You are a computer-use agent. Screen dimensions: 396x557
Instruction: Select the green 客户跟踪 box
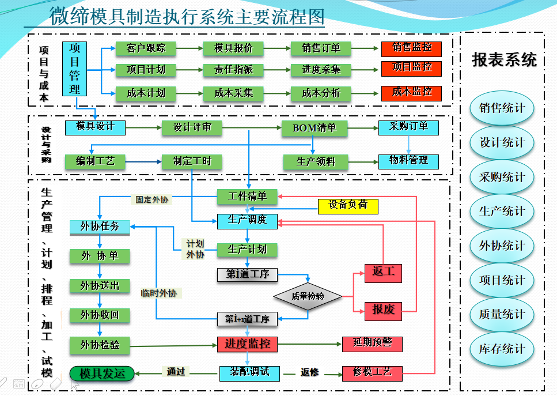(146, 48)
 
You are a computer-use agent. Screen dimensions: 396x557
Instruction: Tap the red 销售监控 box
(411, 48)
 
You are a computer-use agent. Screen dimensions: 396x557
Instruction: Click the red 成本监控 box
(411, 92)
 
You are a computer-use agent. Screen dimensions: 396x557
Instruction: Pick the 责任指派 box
(233, 70)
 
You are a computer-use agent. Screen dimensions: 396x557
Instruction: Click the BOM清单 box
(315, 128)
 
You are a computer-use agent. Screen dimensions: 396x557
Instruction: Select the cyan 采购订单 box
(408, 127)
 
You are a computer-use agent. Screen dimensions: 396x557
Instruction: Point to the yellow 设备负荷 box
(348, 205)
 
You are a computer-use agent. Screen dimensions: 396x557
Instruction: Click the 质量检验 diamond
(308, 296)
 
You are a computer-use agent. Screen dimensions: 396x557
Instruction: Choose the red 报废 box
(383, 310)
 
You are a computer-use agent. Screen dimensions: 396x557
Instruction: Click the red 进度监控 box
(247, 344)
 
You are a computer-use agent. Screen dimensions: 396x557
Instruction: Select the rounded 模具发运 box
(102, 374)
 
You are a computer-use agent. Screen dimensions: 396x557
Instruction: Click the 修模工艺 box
(372, 372)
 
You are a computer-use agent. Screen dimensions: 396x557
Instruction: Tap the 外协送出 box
(100, 285)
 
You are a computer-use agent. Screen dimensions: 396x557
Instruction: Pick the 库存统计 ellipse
(502, 349)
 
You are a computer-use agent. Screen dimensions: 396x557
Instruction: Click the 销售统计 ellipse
(502, 108)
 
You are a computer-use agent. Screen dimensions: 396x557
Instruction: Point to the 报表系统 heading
(503, 60)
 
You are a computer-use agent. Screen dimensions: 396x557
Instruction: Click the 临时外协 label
(158, 293)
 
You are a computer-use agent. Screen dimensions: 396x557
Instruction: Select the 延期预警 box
(372, 344)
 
